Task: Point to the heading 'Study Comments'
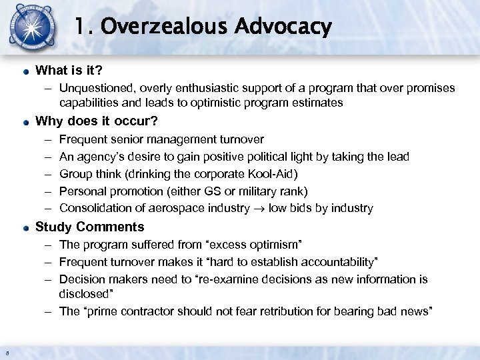coord(89,227)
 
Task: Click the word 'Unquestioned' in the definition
coord(91,87)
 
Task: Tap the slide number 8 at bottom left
coord(6,353)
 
